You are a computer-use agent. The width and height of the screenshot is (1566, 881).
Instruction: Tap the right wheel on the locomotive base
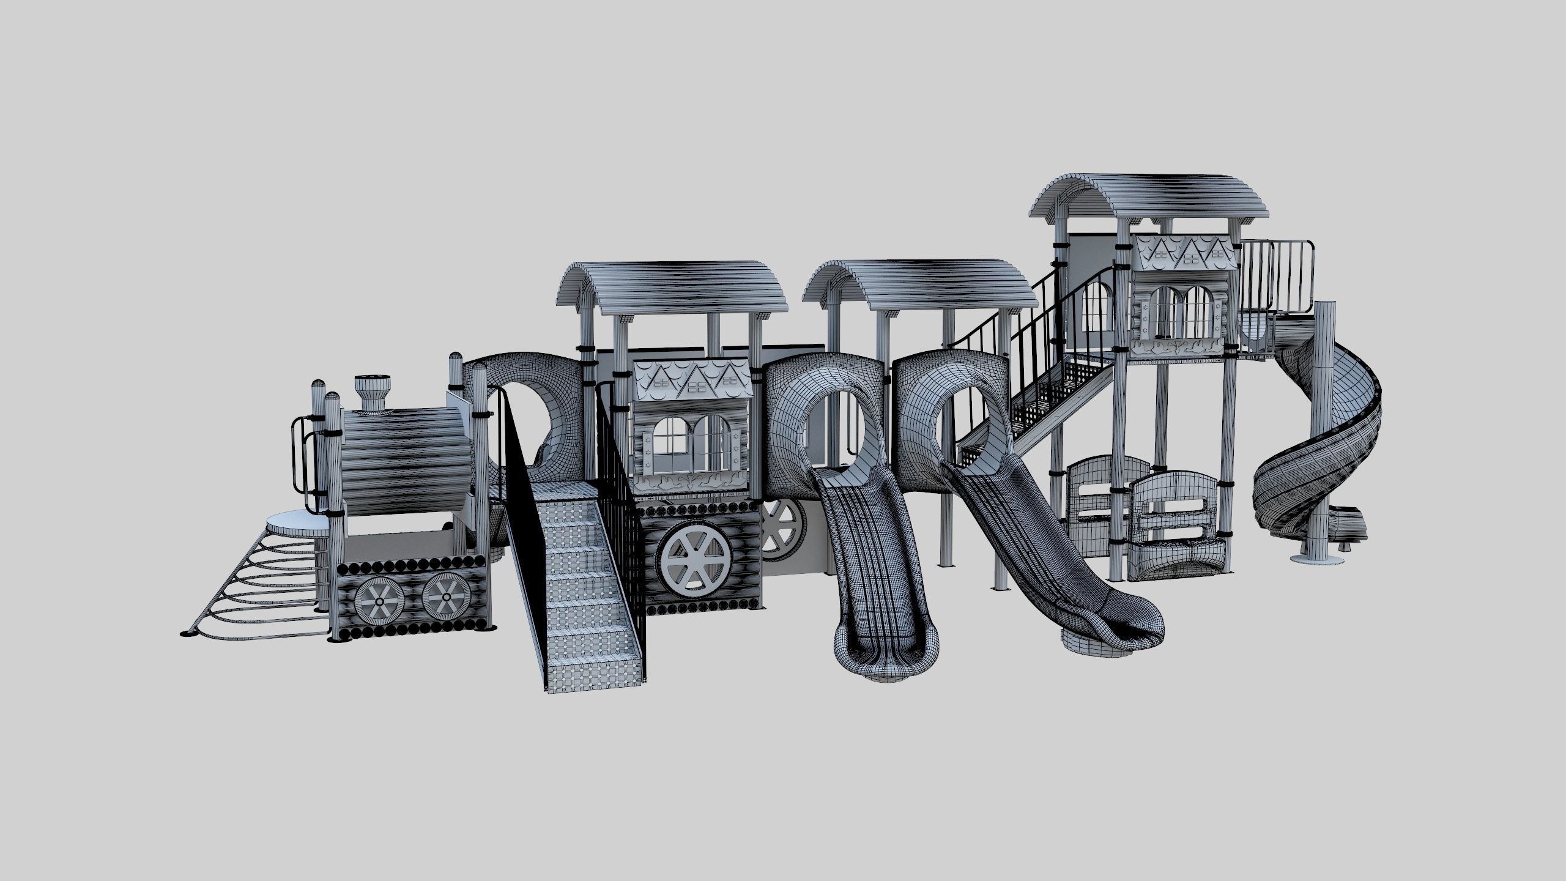click(x=447, y=597)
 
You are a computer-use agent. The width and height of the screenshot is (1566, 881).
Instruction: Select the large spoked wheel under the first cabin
click(x=694, y=559)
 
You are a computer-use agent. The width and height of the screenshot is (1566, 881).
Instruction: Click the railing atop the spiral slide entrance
click(x=1278, y=275)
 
